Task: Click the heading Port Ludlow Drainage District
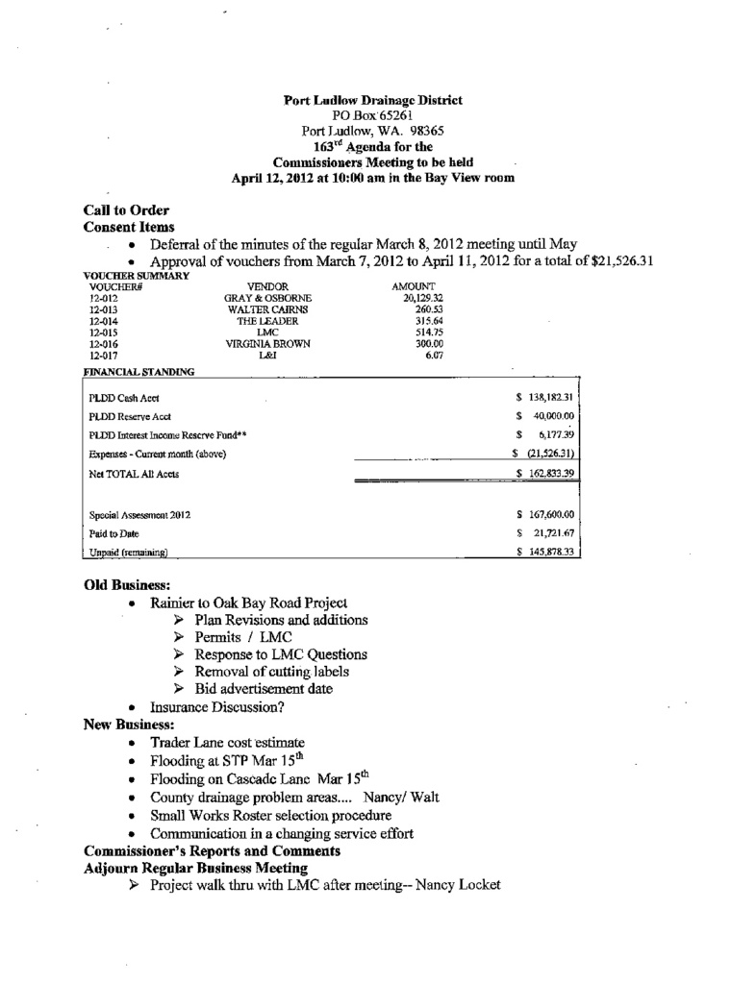coord(373,100)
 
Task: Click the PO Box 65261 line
coord(373,115)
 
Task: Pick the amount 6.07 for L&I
coord(433,356)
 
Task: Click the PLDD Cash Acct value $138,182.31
coord(545,397)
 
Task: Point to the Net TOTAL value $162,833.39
coord(545,474)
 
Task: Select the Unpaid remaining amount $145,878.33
coord(545,553)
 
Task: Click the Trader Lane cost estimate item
coord(227,743)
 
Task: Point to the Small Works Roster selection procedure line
coord(271,815)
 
